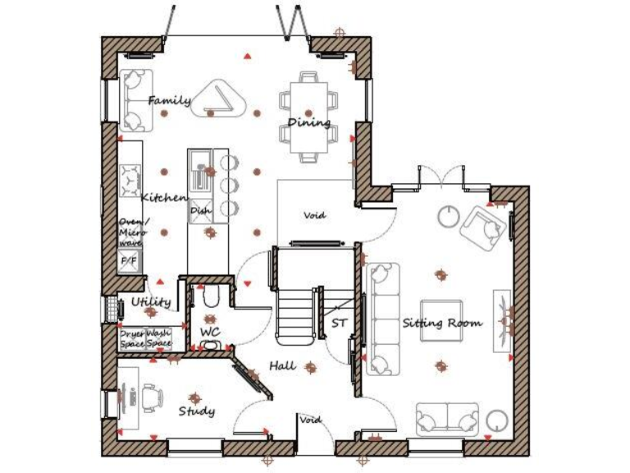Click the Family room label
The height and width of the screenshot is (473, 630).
pyautogui.click(x=169, y=101)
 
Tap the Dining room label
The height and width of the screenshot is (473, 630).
pyautogui.click(x=308, y=123)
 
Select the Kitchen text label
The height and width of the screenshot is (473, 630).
pyautogui.click(x=164, y=198)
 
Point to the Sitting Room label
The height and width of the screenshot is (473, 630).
pyautogui.click(x=441, y=323)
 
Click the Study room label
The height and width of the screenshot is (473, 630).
pyautogui.click(x=196, y=411)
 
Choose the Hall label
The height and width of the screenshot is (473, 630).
pyautogui.click(x=282, y=365)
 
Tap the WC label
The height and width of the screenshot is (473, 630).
pyautogui.click(x=210, y=332)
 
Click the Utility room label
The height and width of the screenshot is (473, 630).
pyautogui.click(x=151, y=302)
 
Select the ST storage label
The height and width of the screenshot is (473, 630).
pyautogui.click(x=339, y=323)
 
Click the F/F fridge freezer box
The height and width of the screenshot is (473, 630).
pyautogui.click(x=130, y=261)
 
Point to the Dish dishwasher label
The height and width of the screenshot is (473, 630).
pyautogui.click(x=200, y=211)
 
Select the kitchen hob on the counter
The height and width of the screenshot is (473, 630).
pyautogui.click(x=130, y=181)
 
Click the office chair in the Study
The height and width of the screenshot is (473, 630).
pyautogui.click(x=150, y=398)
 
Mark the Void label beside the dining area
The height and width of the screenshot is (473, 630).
pyautogui.click(x=314, y=215)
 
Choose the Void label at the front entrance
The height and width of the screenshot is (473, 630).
pyautogui.click(x=311, y=420)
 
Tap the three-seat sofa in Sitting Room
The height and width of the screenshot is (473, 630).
pyautogui.click(x=382, y=318)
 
